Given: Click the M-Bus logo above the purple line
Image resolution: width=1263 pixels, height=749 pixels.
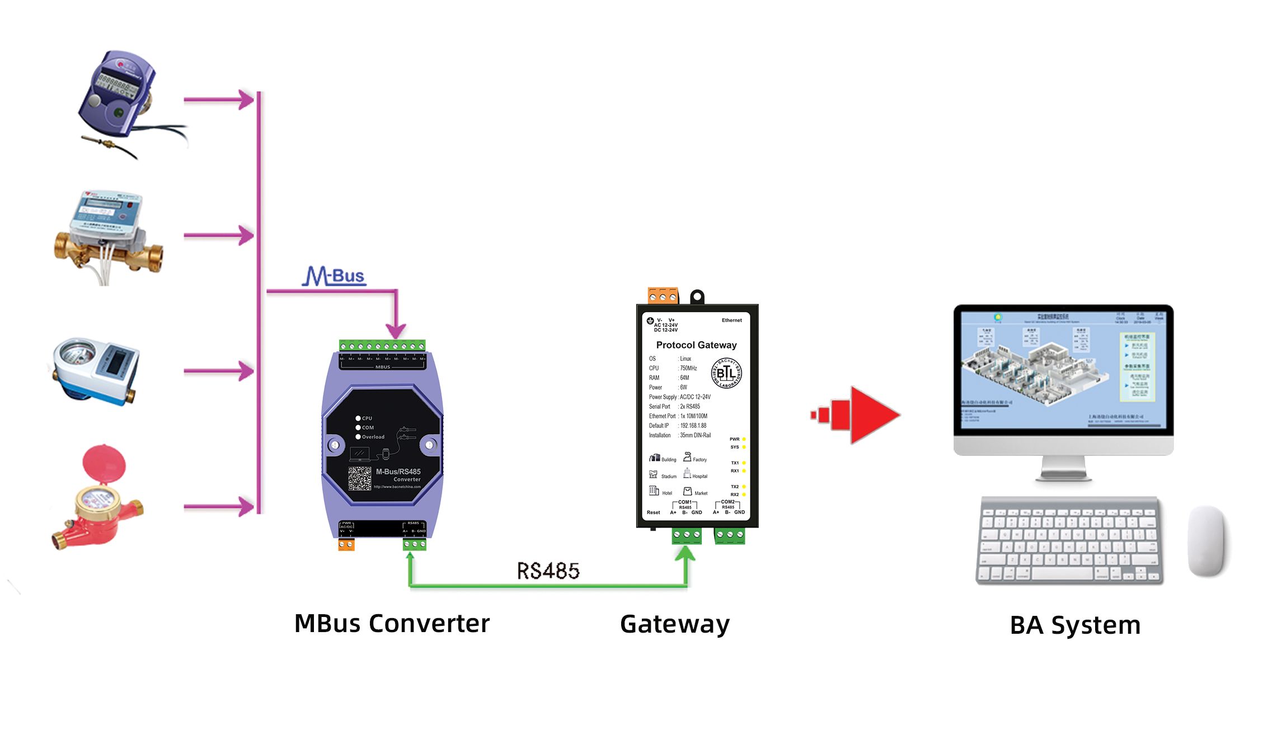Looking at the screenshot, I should [334, 275].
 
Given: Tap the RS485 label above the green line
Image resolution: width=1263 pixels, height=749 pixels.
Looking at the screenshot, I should [548, 571].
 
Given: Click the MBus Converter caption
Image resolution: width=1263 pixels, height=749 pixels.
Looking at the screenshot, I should [392, 624].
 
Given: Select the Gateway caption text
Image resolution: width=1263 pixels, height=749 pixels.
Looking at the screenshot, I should [674, 624].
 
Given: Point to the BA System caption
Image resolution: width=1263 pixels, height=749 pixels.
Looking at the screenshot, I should [1074, 625].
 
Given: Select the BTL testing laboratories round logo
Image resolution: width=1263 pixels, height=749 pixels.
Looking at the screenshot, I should [726, 373].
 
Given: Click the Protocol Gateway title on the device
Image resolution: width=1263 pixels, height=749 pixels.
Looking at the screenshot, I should [696, 345].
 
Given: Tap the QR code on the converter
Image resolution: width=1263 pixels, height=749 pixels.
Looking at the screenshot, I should [359, 479].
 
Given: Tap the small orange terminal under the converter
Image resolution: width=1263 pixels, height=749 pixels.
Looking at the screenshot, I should [346, 544].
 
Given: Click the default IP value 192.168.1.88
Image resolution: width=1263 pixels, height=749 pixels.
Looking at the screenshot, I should [693, 426].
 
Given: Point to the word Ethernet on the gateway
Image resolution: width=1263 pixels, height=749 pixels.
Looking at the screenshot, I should [731, 321].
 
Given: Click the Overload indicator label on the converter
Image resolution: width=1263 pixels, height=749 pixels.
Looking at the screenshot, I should [373, 437].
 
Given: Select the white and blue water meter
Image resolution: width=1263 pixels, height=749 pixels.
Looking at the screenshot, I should [95, 370].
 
